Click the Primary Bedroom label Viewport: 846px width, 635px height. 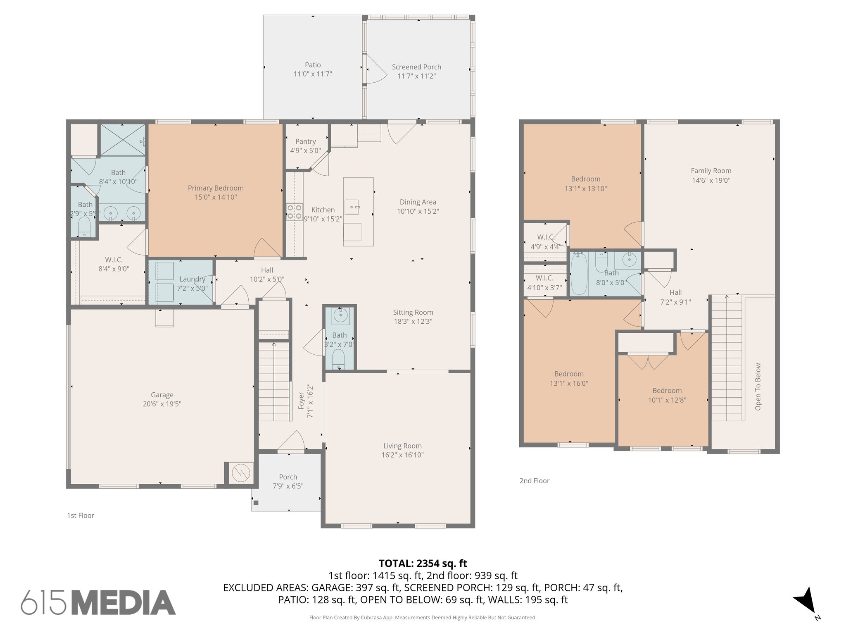(x=216, y=188)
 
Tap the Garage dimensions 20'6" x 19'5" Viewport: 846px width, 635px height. (x=162, y=404)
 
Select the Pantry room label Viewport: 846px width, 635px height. (x=305, y=141)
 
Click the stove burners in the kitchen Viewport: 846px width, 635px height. (x=294, y=212)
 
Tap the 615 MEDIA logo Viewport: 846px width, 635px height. (x=98, y=602)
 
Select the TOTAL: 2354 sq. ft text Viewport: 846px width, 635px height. (x=423, y=563)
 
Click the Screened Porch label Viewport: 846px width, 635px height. (x=416, y=67)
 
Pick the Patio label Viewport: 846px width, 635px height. (x=313, y=65)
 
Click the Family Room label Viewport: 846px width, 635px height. (x=711, y=171)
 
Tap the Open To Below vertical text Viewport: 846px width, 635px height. (x=758, y=387)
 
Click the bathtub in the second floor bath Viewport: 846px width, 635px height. (x=579, y=274)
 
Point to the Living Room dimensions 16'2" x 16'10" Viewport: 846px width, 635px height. (x=402, y=455)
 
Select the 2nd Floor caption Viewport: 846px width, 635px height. (x=534, y=481)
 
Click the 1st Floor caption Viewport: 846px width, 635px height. (x=81, y=516)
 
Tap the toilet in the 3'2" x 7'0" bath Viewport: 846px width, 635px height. (x=338, y=358)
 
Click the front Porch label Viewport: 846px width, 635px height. (x=288, y=477)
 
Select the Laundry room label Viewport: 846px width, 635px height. (x=192, y=279)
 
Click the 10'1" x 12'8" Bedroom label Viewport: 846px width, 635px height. (x=667, y=391)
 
